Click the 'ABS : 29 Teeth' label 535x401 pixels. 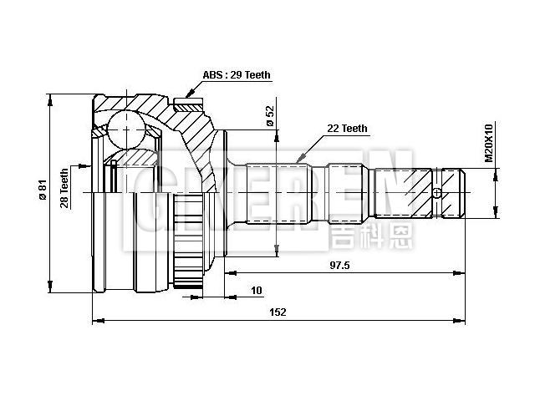point(237,75)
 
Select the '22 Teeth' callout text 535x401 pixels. point(347,129)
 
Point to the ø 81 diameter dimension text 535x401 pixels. point(41,191)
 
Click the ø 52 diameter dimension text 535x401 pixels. point(270,116)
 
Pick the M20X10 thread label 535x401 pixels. point(489,144)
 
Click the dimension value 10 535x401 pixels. point(256,291)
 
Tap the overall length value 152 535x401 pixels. point(278,312)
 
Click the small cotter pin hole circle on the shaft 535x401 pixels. point(436,193)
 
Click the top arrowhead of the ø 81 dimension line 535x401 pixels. point(52,96)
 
